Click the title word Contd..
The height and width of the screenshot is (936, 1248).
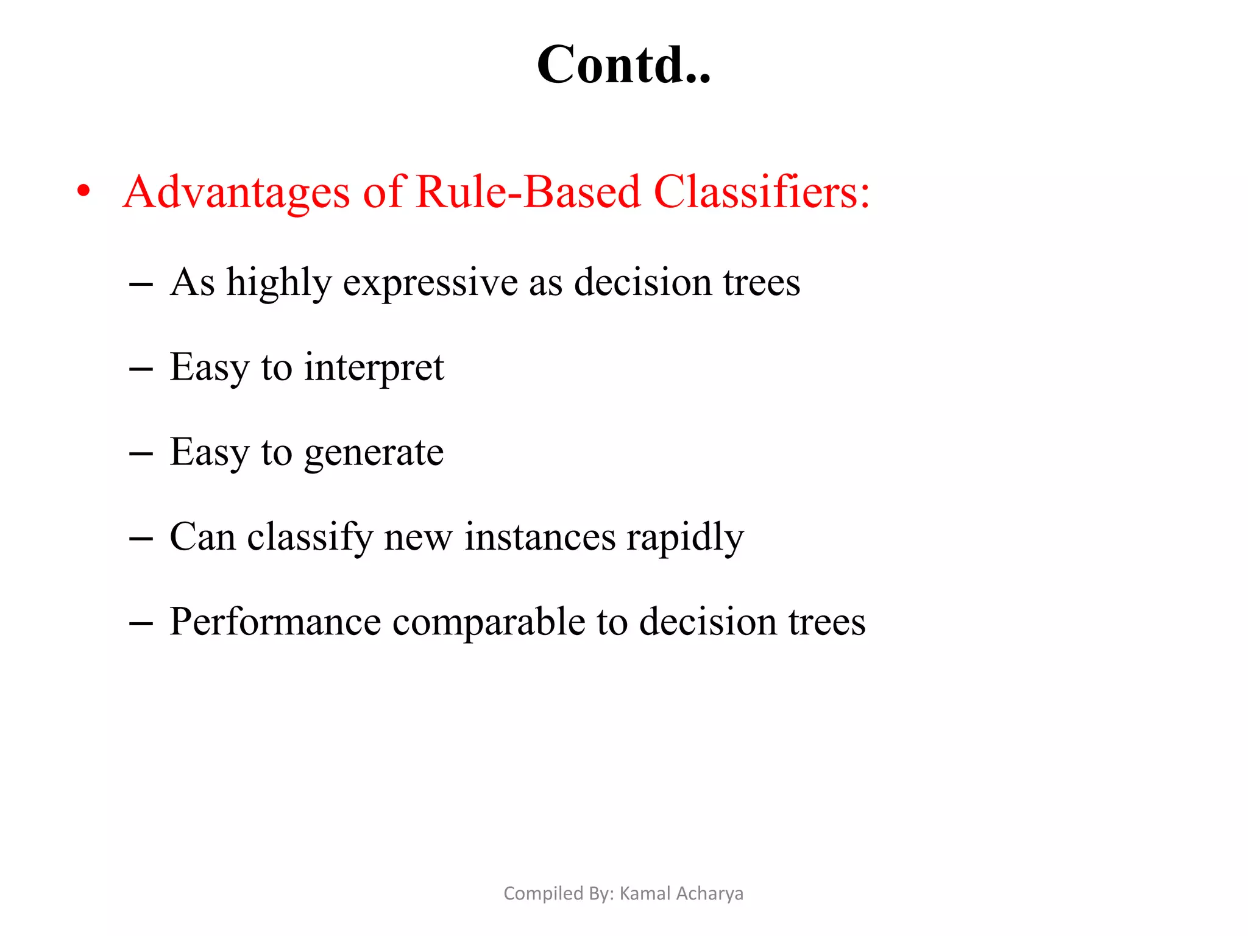[x=623, y=65]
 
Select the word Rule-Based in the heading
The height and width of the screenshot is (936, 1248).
[x=528, y=192]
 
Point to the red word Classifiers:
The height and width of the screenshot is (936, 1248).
[x=762, y=192]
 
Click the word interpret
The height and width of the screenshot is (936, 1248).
[x=374, y=368]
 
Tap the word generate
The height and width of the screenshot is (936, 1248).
[x=374, y=453]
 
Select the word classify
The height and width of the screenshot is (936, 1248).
[x=310, y=537]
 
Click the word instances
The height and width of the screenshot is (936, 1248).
[x=540, y=537]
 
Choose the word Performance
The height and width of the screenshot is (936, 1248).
[x=275, y=622]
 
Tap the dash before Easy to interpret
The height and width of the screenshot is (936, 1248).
[x=141, y=369]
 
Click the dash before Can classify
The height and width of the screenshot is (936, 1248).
[x=141, y=539]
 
